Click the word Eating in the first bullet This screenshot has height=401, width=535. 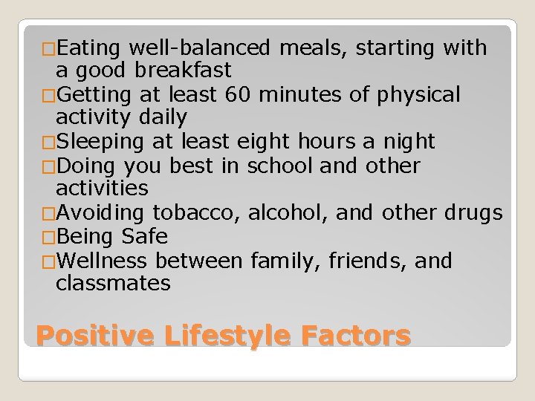click(x=88, y=48)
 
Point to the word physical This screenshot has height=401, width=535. click(x=421, y=94)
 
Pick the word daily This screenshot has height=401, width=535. click(x=160, y=117)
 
